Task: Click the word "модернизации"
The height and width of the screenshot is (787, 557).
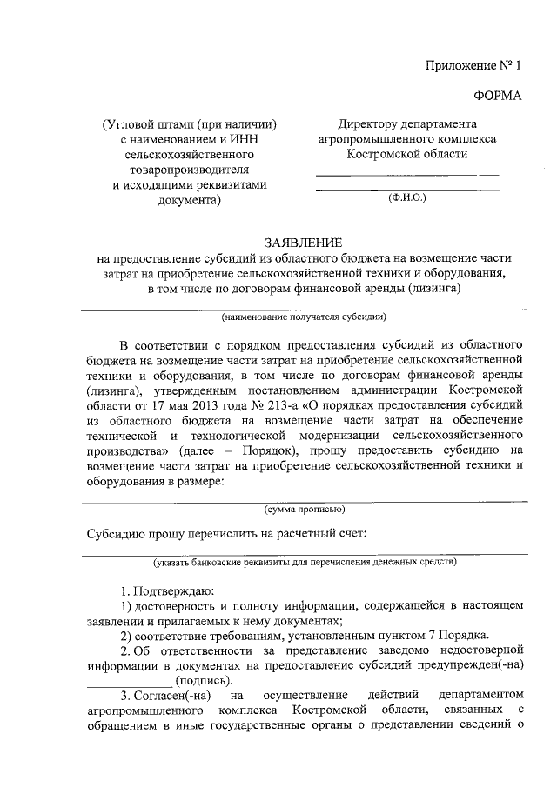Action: [x=332, y=435]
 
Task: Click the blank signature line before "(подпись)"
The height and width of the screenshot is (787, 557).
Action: [x=130, y=680]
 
